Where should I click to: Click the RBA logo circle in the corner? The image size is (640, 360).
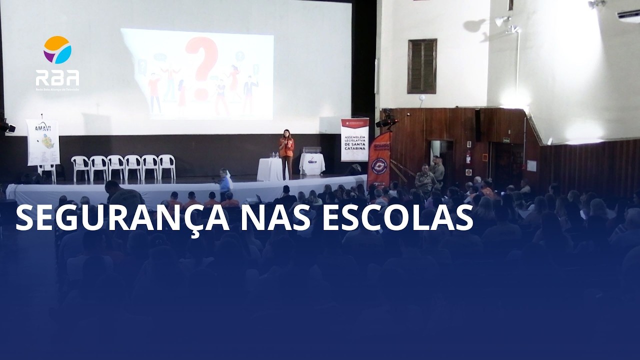(x=57, y=49)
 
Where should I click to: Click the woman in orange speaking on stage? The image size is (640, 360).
(x=286, y=152)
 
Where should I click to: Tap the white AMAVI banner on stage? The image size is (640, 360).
(x=43, y=142)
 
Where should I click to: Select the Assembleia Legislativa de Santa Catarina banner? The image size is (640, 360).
(x=354, y=139)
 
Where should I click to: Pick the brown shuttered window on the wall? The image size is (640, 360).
(x=422, y=66)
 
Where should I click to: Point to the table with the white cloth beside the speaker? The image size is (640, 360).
(x=270, y=169)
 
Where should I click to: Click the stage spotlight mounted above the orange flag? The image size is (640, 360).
(x=386, y=120)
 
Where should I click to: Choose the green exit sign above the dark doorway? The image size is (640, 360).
(x=506, y=140)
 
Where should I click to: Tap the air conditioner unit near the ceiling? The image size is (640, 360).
(x=628, y=15)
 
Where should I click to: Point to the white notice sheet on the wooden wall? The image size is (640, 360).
(x=531, y=165)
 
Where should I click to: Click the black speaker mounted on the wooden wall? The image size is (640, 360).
(x=478, y=124)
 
